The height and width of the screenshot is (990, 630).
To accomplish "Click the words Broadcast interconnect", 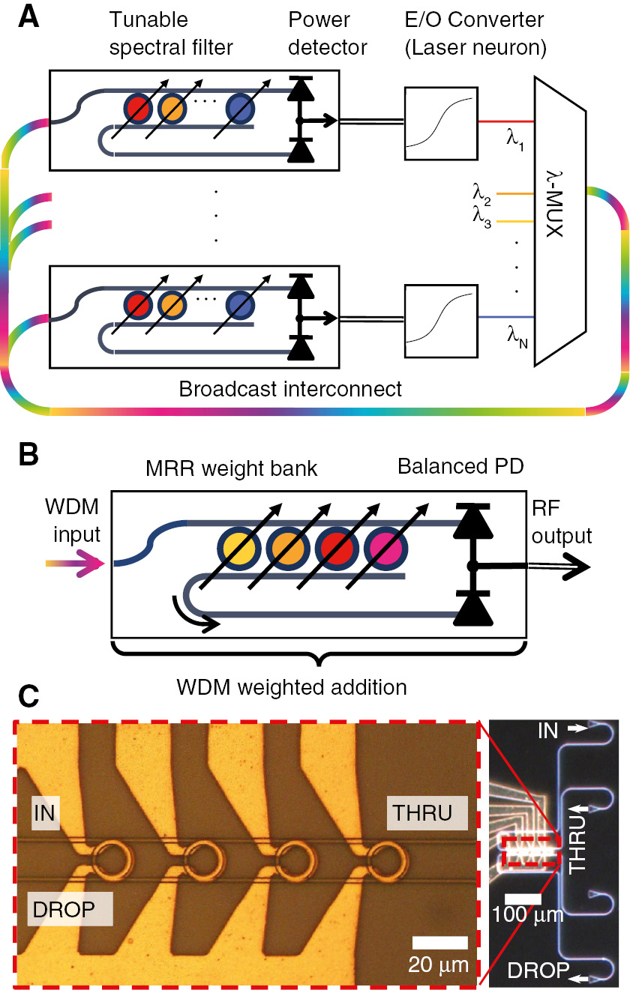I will tap(290, 389).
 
